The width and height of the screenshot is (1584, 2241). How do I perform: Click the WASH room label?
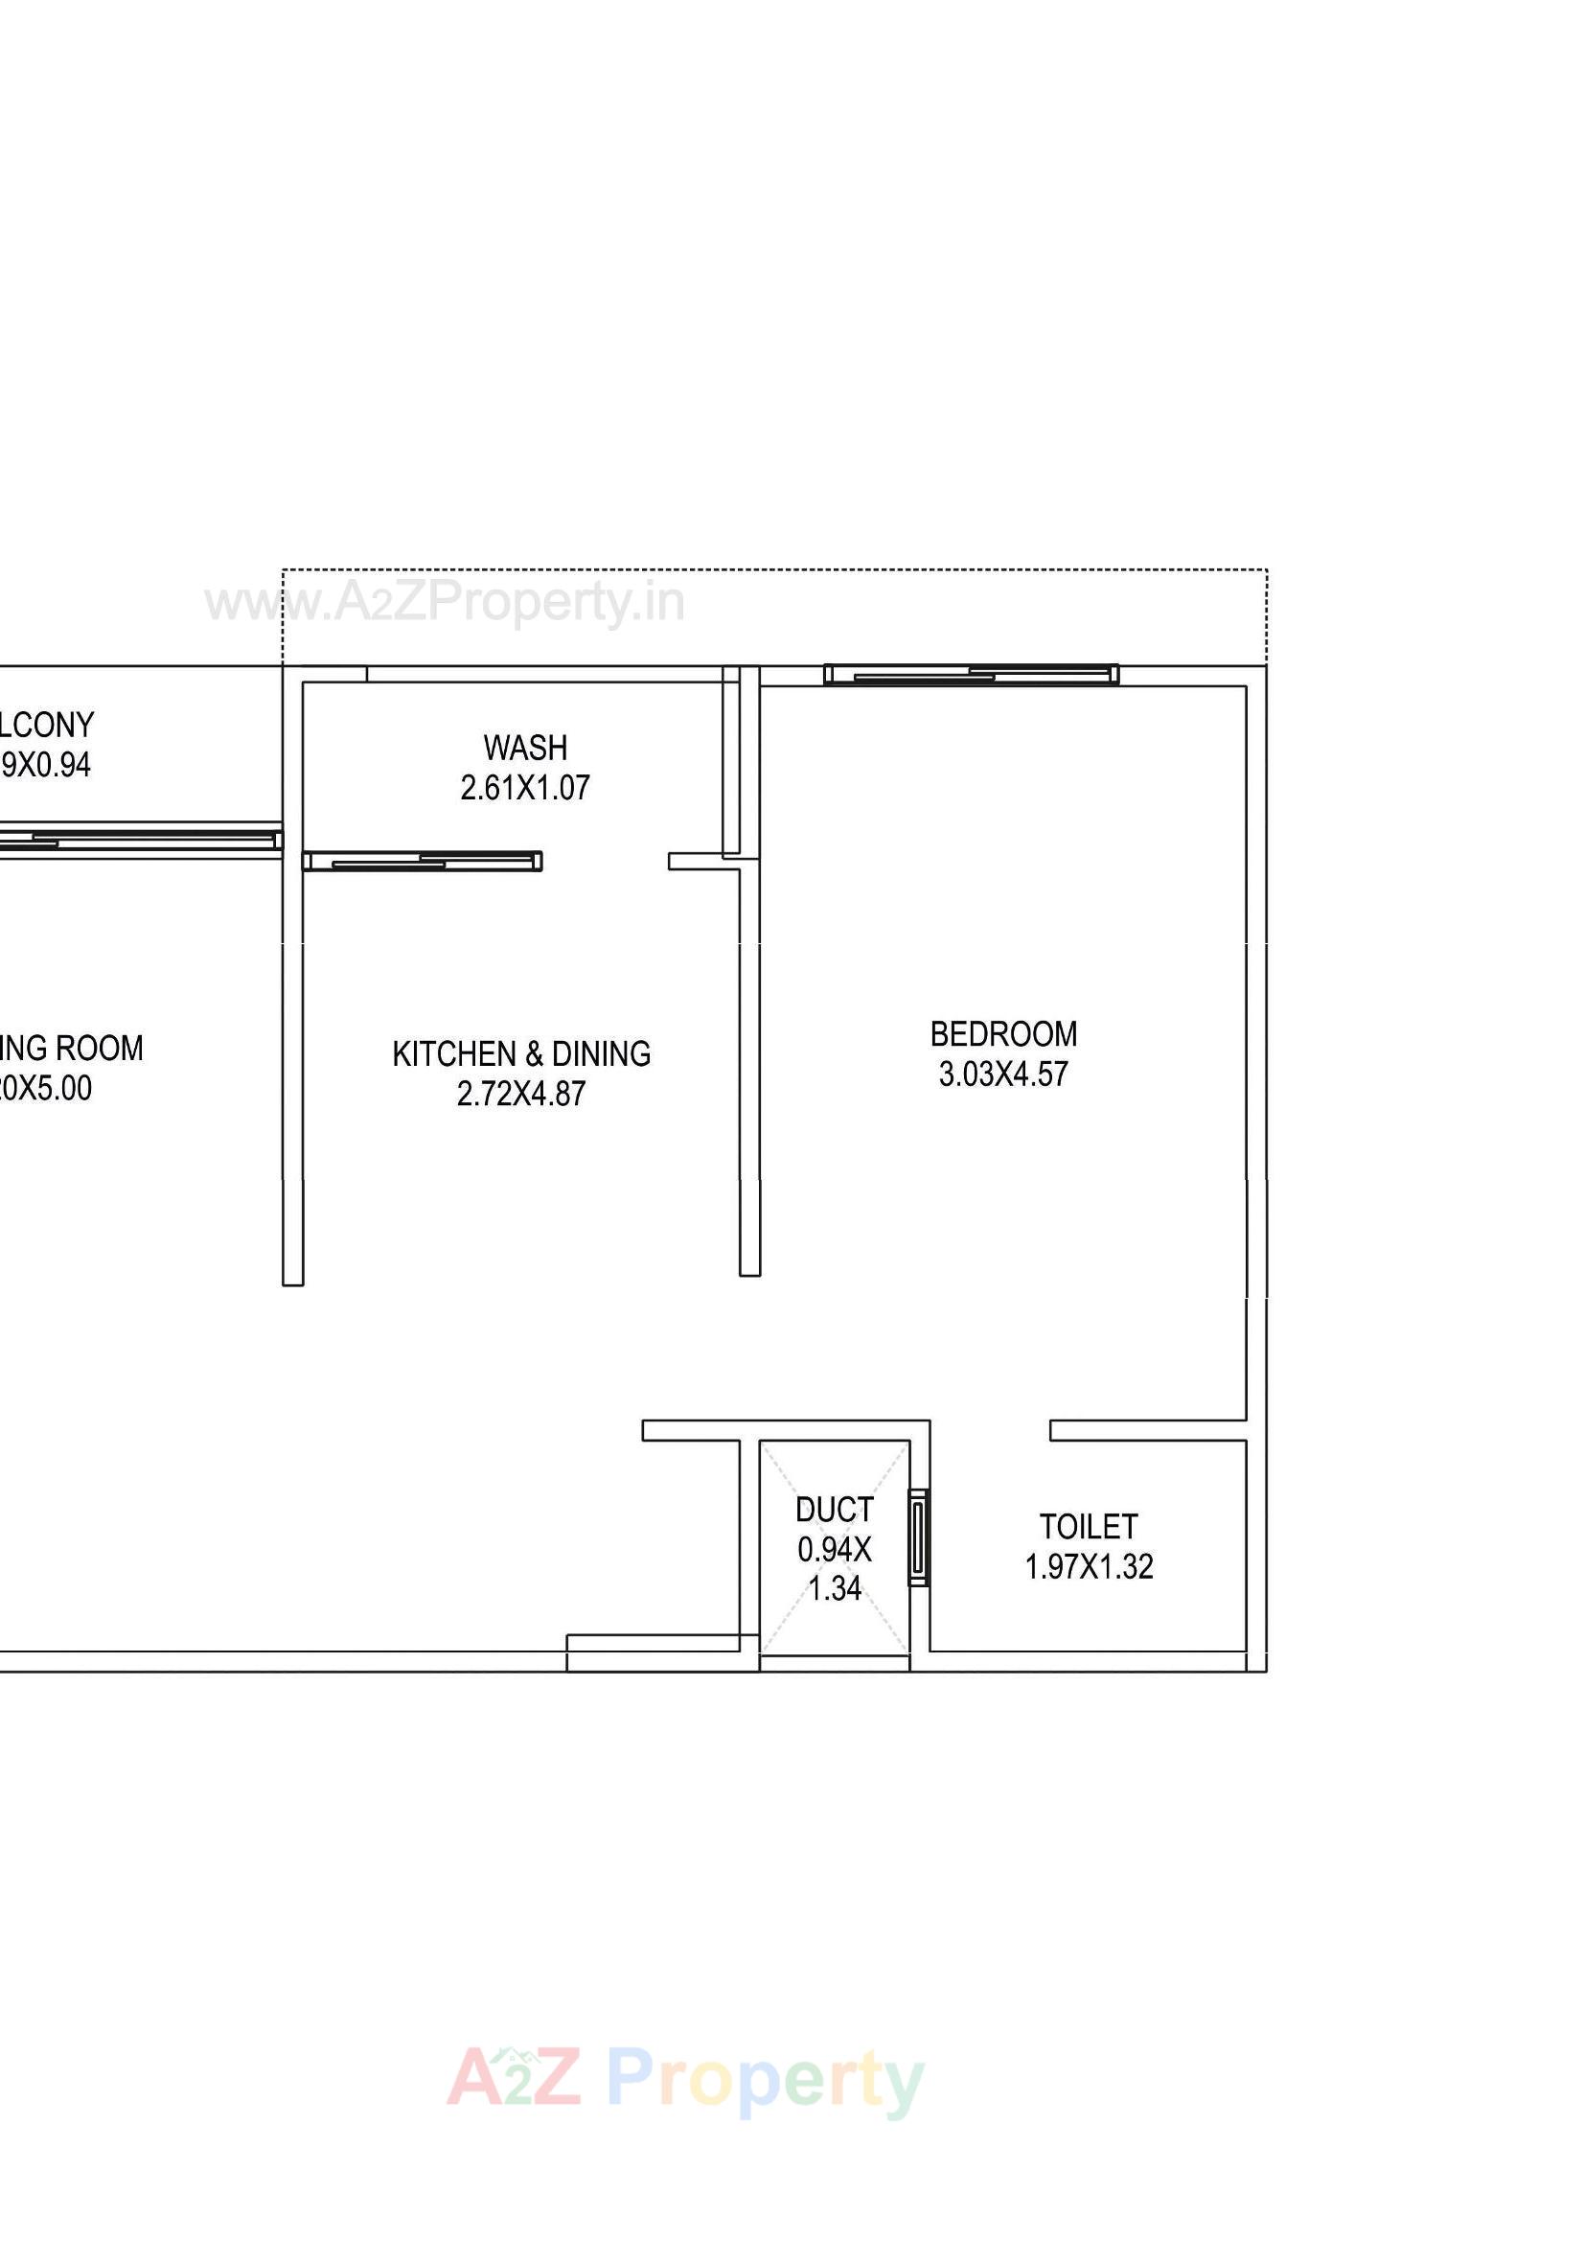click(x=525, y=748)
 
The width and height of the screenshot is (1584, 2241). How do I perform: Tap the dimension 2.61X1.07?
click(x=525, y=788)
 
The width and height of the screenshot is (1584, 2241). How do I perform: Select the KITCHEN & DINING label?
click(x=521, y=1054)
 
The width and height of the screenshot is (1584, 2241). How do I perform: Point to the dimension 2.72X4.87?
click(x=521, y=1095)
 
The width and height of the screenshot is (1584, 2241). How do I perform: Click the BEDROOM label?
click(x=1003, y=1034)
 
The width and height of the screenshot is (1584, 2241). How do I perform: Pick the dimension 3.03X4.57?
click(x=1003, y=1074)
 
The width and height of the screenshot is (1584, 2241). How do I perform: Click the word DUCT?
click(x=835, y=1510)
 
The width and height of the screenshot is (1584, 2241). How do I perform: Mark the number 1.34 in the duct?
click(x=835, y=1589)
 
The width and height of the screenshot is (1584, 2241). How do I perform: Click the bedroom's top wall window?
click(x=971, y=675)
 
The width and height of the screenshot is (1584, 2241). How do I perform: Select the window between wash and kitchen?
click(x=422, y=861)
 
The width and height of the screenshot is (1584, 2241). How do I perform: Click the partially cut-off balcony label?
click(x=46, y=726)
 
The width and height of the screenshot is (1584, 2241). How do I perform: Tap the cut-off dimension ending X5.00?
click(x=46, y=1088)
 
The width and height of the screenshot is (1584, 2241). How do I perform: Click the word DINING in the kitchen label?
click(x=601, y=1054)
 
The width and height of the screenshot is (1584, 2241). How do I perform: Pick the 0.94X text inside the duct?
click(x=835, y=1549)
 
